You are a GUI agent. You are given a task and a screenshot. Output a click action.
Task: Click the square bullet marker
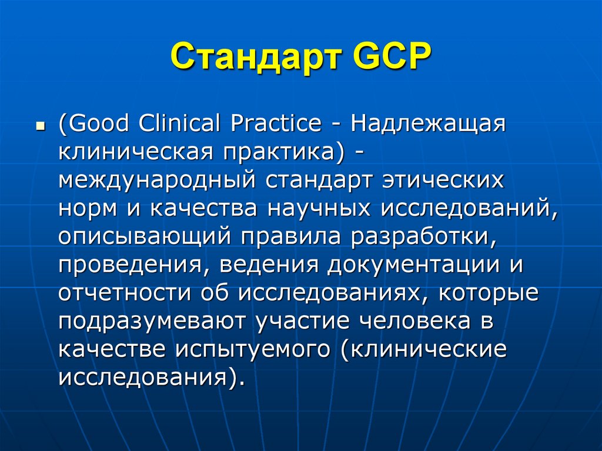41,127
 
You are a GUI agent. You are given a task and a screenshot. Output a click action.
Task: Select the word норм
88,208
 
